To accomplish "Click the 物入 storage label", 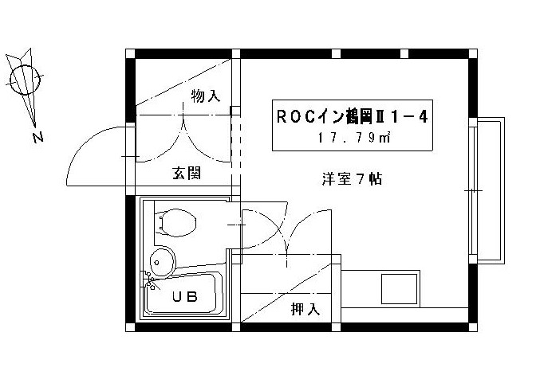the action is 205,96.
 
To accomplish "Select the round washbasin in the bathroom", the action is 163,260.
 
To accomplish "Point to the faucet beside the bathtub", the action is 149,279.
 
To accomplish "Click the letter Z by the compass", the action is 37,137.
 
